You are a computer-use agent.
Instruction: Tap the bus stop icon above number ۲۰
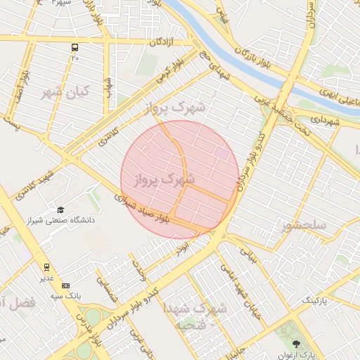75,48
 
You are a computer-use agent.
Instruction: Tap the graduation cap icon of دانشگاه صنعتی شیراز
60,210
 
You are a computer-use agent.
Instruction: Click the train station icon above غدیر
47,267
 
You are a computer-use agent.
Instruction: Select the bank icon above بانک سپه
66,285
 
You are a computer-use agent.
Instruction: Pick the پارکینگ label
315,300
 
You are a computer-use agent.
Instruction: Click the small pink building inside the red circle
221,152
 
